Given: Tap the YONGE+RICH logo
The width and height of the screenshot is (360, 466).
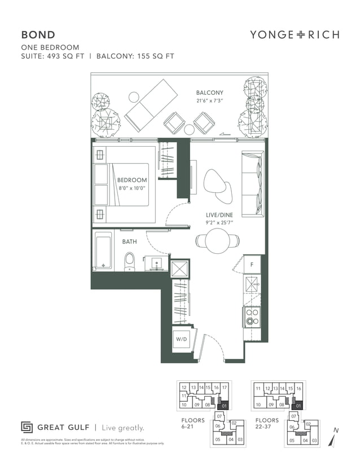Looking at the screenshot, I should (295, 34).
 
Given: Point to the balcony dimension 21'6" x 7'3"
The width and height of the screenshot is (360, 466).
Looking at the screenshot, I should (209, 101).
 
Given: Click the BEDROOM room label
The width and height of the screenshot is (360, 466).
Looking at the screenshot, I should (132, 181).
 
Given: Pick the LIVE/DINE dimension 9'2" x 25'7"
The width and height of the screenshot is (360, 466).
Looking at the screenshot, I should (219, 223).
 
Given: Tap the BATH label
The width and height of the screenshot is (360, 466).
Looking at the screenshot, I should (129, 241).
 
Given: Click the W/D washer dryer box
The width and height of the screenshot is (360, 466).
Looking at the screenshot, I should (181, 340).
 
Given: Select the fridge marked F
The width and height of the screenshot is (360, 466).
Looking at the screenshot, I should (252, 265).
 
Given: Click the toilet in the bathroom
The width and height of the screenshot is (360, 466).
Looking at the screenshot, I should (129, 261).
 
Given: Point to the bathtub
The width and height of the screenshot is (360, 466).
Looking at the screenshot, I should (103, 250).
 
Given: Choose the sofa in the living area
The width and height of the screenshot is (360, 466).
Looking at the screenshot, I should (252, 184).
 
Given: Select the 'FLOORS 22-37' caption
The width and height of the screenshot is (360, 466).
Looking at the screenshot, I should (267, 424).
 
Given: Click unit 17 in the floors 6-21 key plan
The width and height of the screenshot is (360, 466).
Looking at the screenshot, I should (224, 388).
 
